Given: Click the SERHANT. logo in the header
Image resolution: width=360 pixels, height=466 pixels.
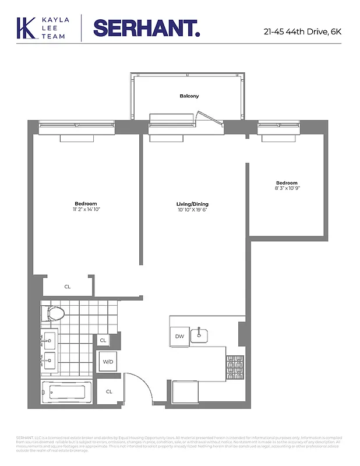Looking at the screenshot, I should (x=146, y=28).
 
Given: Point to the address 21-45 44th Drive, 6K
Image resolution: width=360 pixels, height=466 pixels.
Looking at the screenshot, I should (x=302, y=31).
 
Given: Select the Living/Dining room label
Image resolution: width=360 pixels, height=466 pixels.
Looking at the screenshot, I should (x=192, y=204).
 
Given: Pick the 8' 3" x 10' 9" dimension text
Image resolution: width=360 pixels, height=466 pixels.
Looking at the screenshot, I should (x=287, y=188).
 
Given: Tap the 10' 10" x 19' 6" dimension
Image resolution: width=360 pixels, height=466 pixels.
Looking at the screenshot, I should (x=192, y=210).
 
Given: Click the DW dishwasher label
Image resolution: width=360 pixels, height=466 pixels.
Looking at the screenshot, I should (x=179, y=336).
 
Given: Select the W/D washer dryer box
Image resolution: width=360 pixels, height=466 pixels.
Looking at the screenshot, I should (x=108, y=362).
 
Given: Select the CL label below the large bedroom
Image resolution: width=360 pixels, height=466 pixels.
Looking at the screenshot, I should (x=68, y=286).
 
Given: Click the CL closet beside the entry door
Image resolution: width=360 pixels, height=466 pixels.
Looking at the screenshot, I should (x=109, y=391).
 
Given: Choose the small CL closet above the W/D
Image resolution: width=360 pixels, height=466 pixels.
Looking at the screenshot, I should (x=103, y=340).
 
